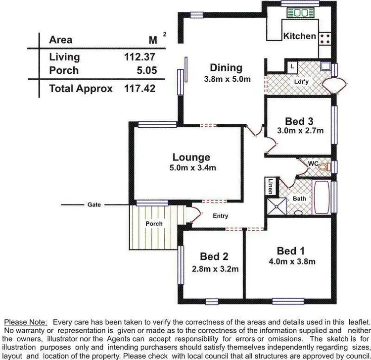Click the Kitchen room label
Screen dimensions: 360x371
coord(299,36)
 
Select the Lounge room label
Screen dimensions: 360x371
coord(191,157)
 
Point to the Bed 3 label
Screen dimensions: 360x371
coord(299,121)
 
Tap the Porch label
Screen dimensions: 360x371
coord(154,224)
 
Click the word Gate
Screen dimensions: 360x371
coord(94,204)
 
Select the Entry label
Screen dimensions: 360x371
coord(221,216)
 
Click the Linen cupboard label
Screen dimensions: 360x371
coord(271,186)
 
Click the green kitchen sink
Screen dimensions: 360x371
coord(297,13)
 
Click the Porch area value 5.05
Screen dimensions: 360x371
coord(146,70)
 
